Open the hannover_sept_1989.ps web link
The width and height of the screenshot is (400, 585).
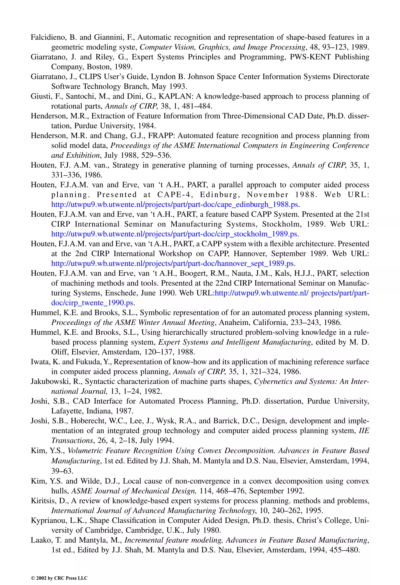(173, 263)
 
